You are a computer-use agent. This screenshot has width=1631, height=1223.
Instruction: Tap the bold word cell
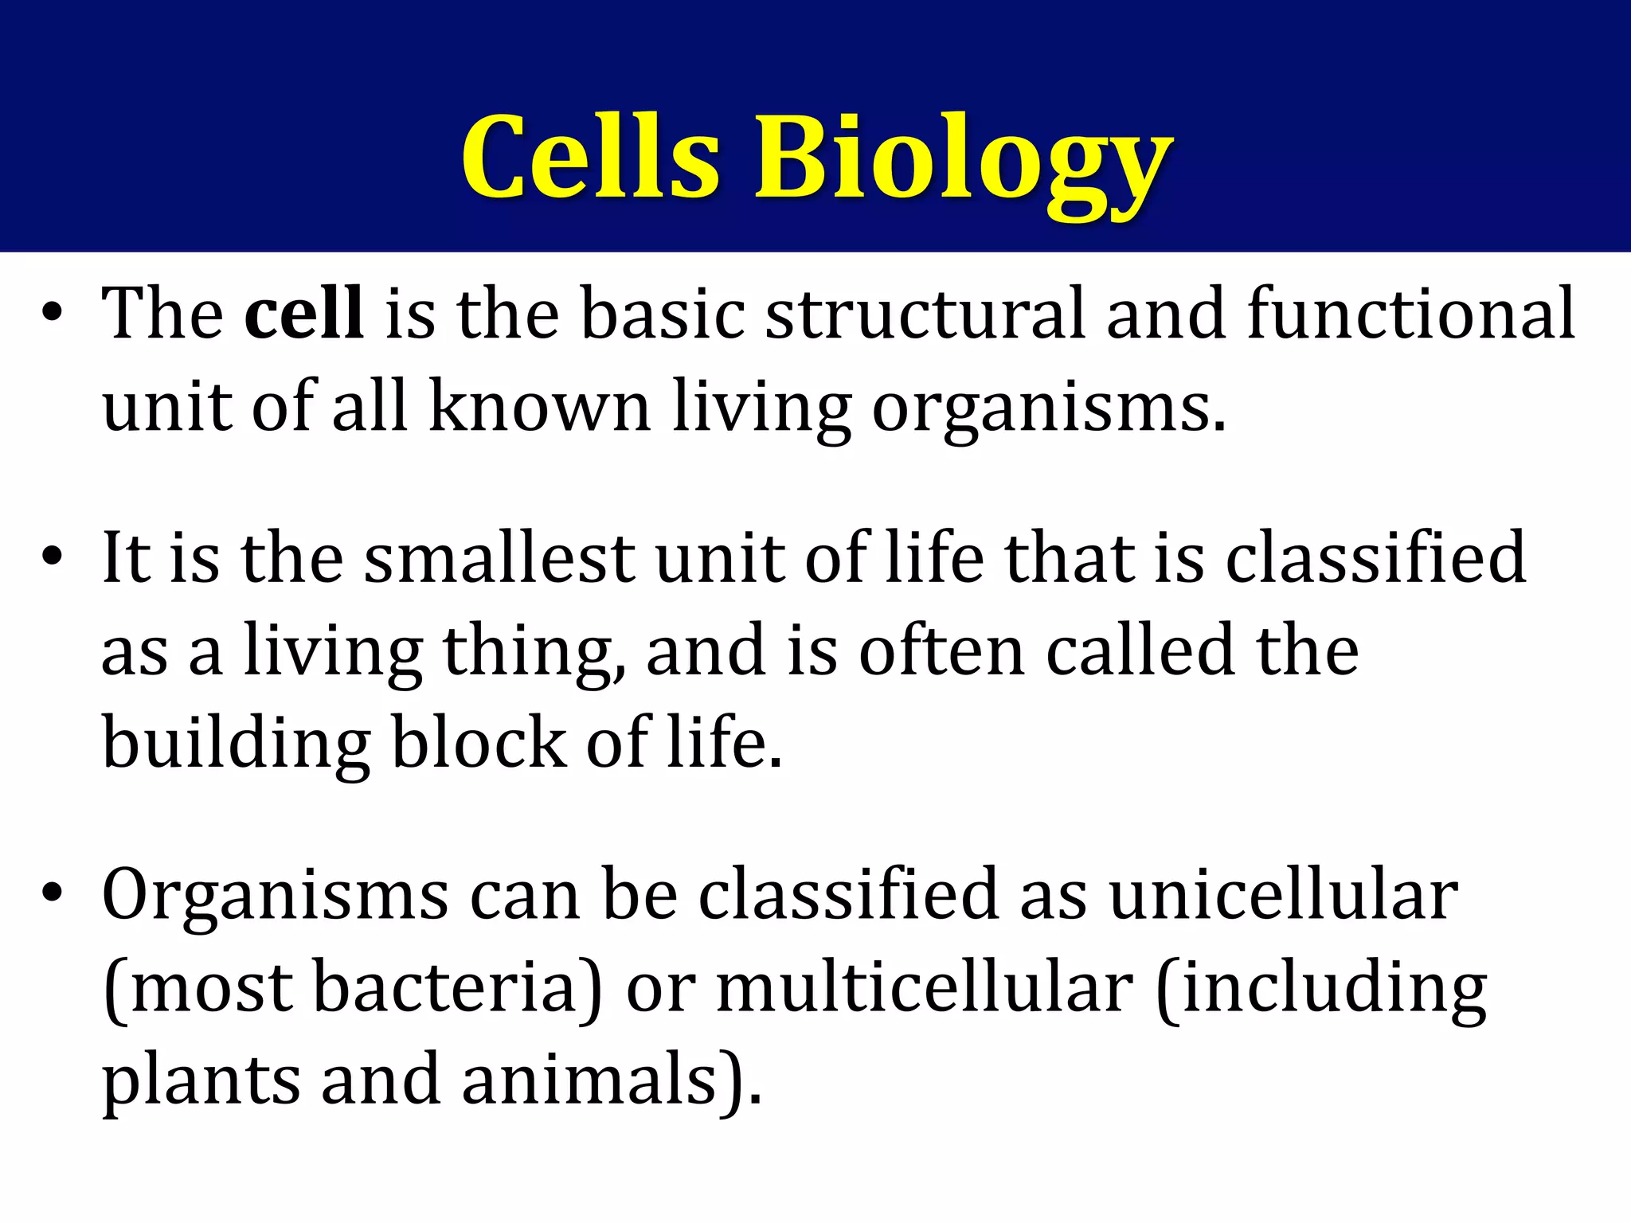click(303, 313)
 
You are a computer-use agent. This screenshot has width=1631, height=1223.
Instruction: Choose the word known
click(539, 406)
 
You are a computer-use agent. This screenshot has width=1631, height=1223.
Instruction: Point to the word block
click(479, 742)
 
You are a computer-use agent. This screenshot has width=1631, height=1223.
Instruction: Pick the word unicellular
click(1283, 894)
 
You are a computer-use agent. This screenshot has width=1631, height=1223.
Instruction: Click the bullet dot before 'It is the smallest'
click(53, 557)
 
